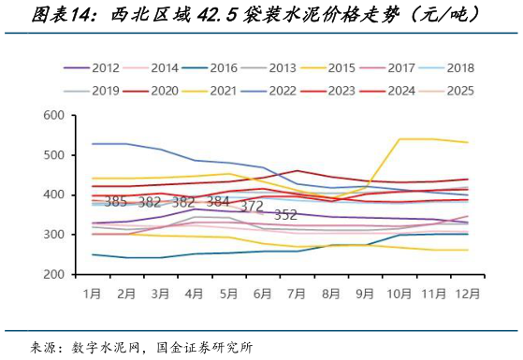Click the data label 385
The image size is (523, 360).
[x=116, y=202]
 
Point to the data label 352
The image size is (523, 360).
[x=285, y=215]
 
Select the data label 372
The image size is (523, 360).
[x=252, y=207]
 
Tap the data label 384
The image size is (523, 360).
[x=217, y=202]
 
